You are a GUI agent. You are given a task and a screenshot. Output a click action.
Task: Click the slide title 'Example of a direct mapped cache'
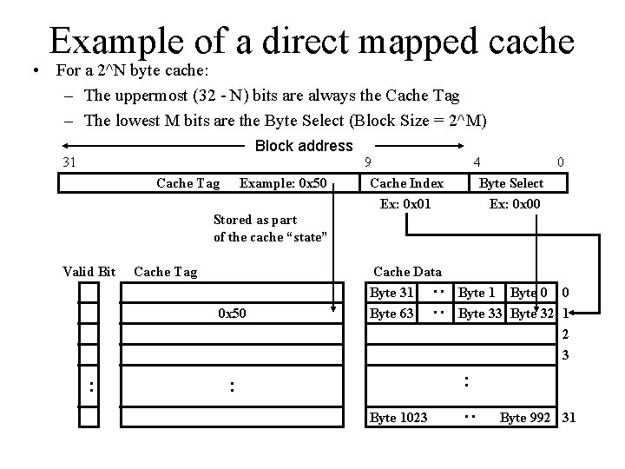(x=312, y=41)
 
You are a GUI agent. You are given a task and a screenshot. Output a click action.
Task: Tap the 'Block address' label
(x=304, y=146)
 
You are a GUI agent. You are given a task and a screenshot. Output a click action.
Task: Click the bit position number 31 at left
(x=70, y=162)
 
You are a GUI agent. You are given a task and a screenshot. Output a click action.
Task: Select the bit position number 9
(x=368, y=162)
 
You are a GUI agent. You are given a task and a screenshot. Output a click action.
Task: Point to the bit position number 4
(x=477, y=162)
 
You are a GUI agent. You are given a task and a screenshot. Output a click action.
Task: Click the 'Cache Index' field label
(x=406, y=183)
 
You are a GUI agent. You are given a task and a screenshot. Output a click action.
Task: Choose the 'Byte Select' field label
(x=511, y=183)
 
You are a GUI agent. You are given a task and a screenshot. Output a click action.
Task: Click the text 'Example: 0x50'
(x=283, y=183)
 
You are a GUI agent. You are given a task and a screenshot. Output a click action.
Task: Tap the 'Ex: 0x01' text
(x=405, y=204)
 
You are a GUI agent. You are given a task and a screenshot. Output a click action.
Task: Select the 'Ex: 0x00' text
(x=515, y=204)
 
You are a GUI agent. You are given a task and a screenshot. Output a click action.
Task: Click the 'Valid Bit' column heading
(x=89, y=272)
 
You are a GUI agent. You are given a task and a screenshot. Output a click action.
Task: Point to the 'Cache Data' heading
(x=407, y=272)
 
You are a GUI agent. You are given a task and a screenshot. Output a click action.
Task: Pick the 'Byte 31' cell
(x=391, y=293)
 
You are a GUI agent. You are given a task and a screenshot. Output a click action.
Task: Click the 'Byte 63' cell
(x=391, y=313)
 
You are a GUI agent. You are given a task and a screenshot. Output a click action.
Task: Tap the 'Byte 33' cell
(x=482, y=313)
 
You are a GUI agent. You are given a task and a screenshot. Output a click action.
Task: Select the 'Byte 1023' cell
(x=398, y=418)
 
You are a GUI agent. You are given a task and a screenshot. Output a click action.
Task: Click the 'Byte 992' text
(x=526, y=418)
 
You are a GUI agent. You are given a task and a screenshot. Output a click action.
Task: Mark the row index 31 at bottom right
(x=569, y=418)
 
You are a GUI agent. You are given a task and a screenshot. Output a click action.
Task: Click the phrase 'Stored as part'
(x=255, y=220)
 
